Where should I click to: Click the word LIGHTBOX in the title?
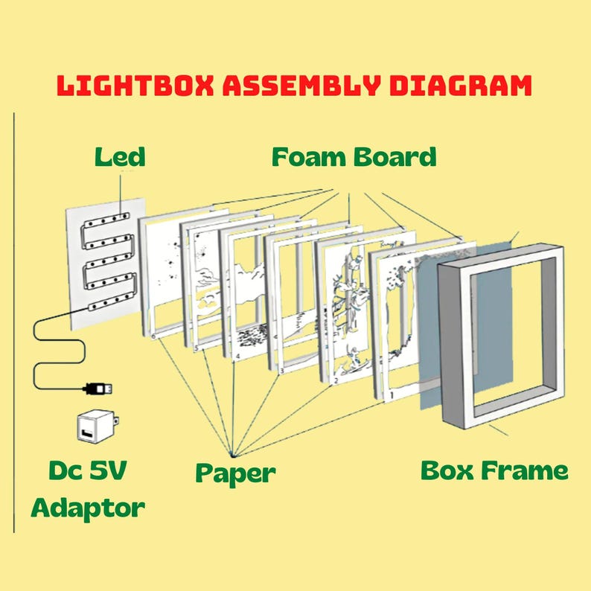135,85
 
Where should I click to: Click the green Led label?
120,157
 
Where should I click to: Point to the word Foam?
308,157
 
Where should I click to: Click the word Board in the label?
395,157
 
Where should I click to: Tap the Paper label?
235,473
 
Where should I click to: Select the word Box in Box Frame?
447,470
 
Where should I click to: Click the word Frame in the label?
525,470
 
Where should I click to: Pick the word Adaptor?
88,509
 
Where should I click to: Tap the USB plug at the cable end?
98,389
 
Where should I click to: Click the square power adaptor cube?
98,427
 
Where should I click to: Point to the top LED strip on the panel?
106,220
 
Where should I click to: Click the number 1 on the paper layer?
392,395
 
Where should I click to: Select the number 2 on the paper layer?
336,381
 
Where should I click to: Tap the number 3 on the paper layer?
281,371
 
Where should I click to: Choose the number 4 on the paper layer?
237,357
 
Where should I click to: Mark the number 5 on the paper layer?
196,348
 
